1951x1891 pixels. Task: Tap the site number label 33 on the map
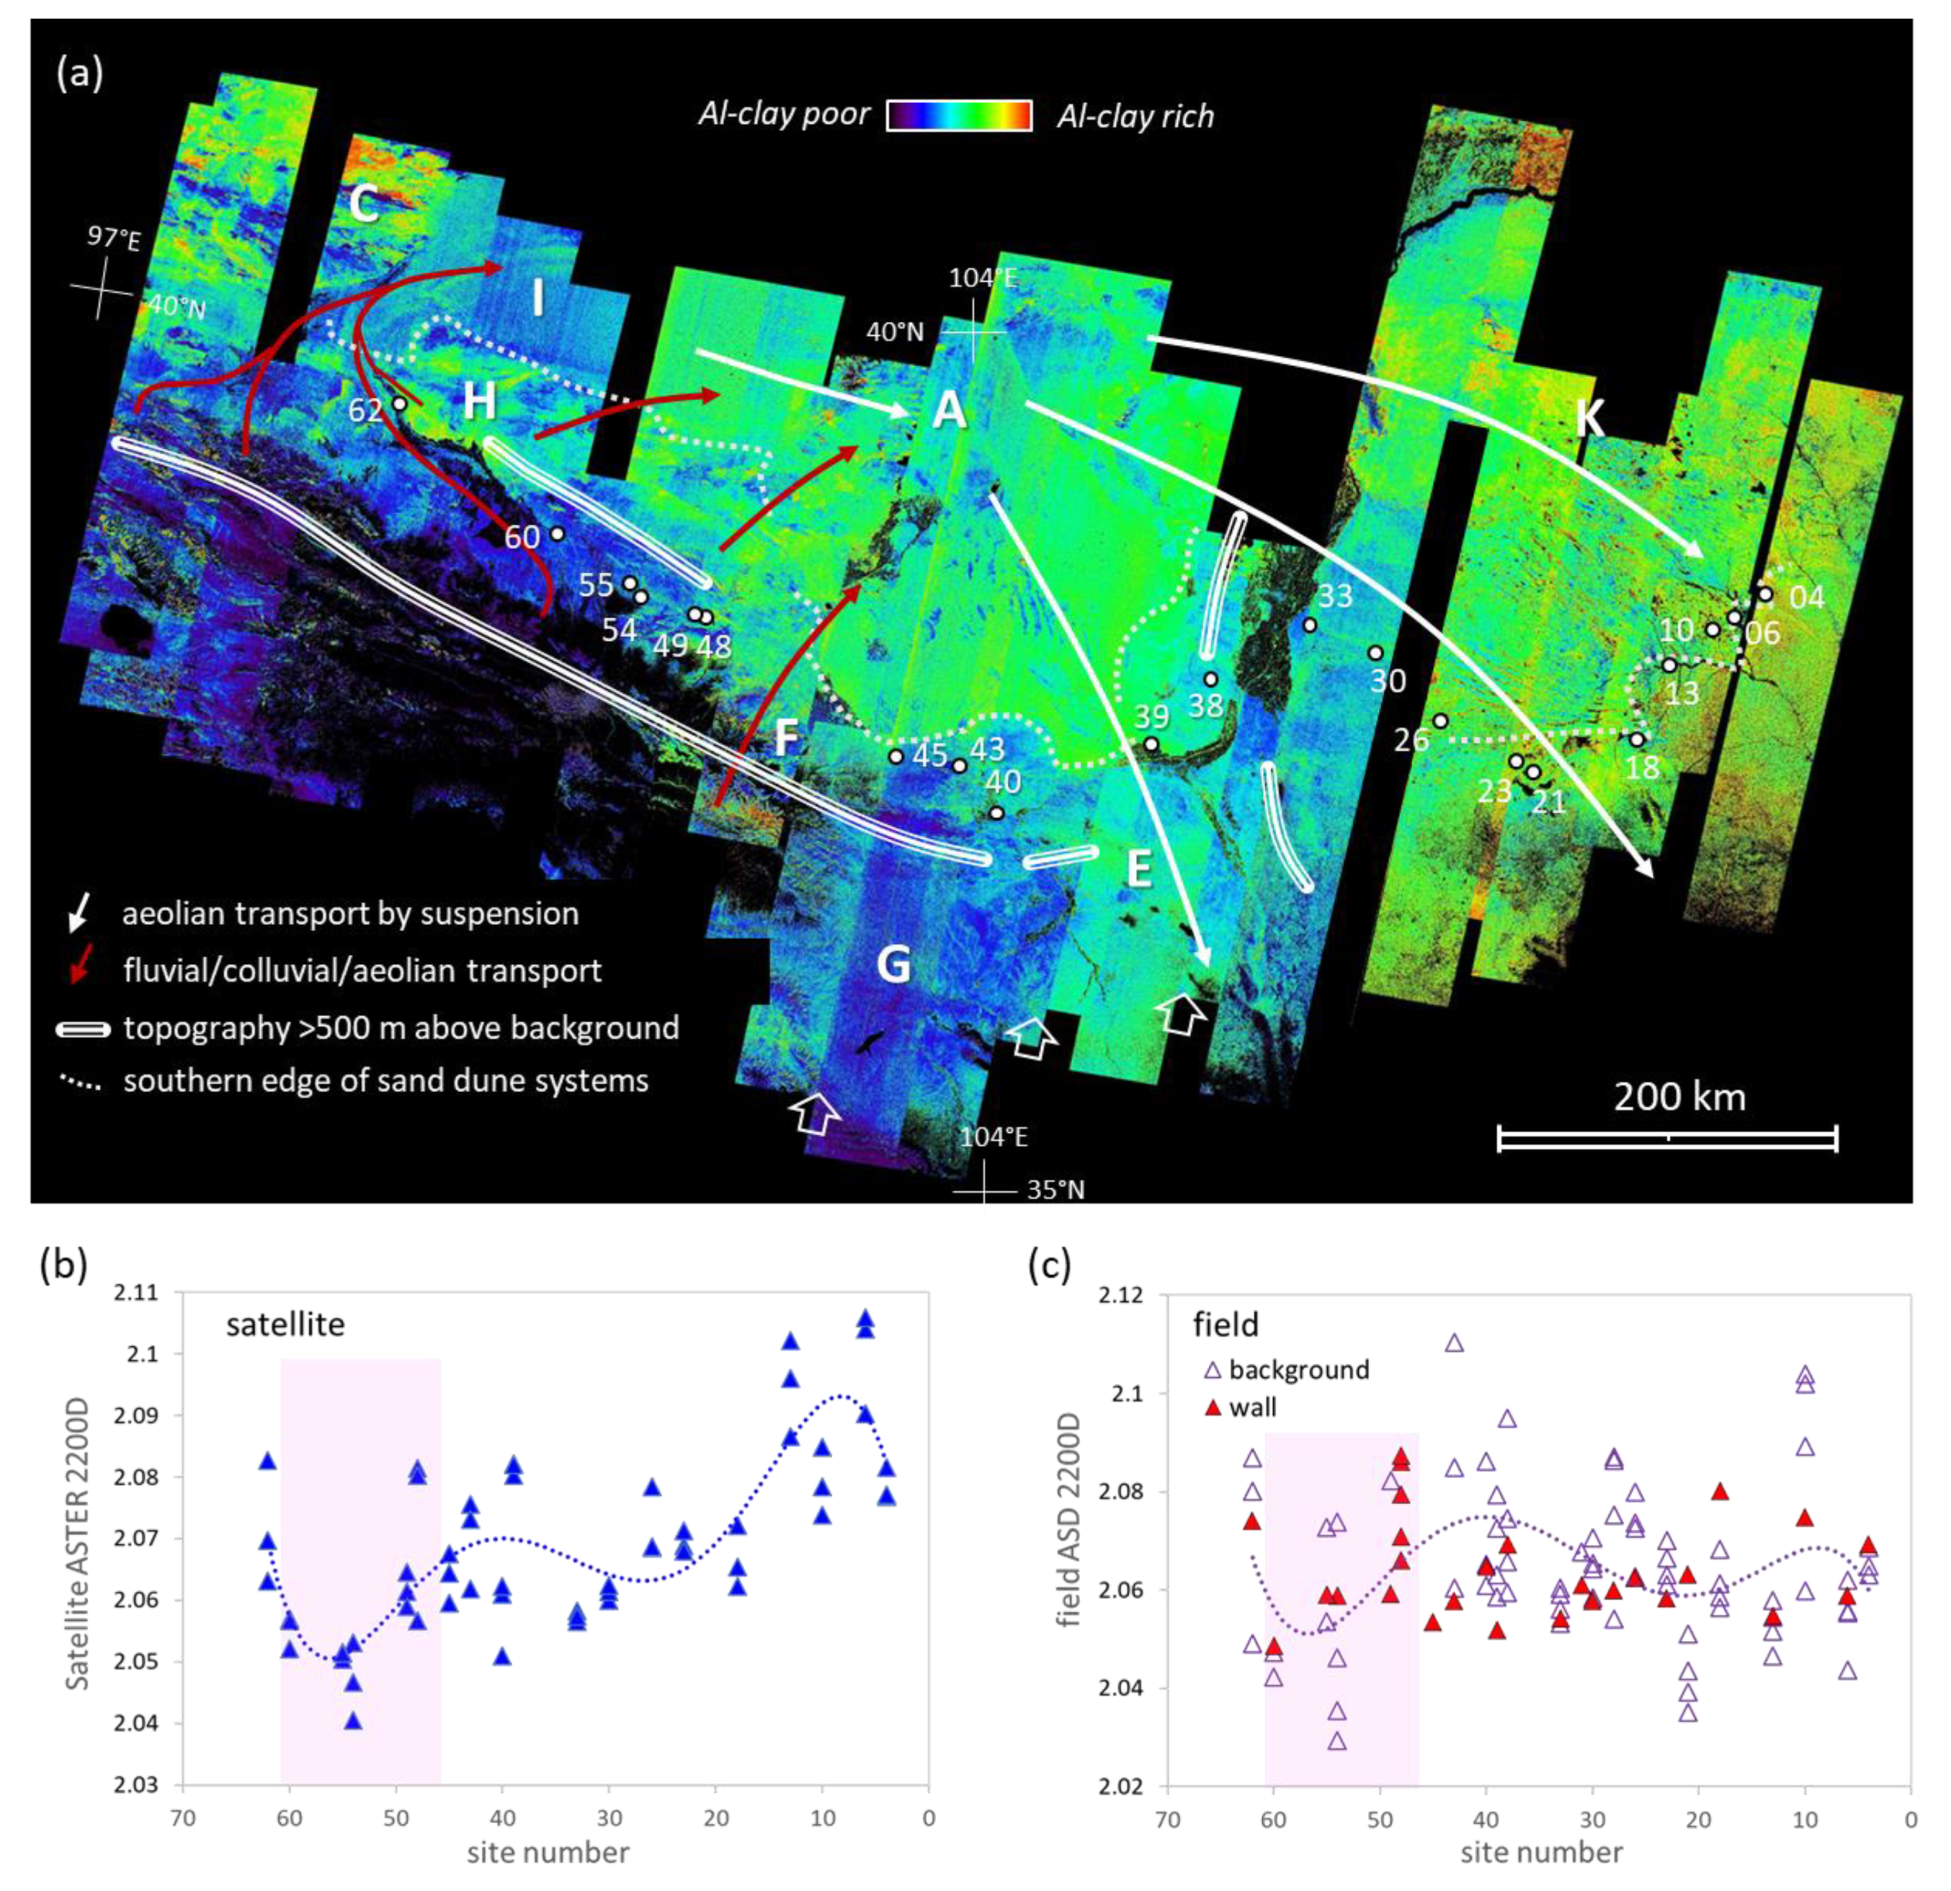[1335, 596]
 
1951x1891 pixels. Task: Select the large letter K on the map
[1590, 418]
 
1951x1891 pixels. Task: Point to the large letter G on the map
[893, 964]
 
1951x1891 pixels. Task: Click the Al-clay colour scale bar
[959, 115]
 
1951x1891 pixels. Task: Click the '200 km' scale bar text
[1679, 1096]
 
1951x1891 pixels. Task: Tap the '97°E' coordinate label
[113, 237]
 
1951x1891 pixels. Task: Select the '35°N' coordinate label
[1055, 1189]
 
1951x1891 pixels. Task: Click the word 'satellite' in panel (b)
[285, 1324]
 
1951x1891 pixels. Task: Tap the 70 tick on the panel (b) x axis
[182, 1818]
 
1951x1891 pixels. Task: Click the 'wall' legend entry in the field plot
[1252, 1407]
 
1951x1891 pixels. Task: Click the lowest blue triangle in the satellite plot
[352, 1721]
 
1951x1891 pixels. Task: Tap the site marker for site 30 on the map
[1376, 653]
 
